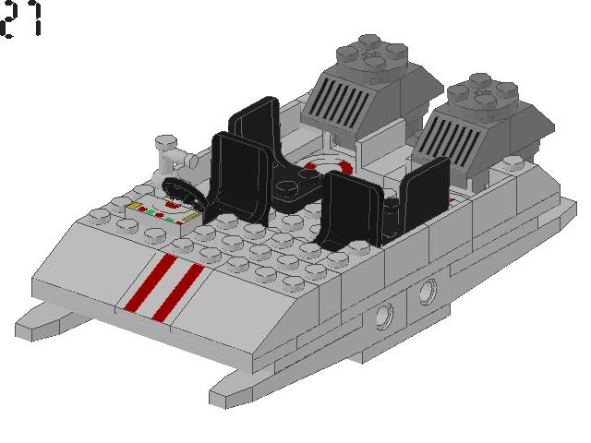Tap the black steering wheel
point(184,193)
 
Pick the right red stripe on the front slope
point(179,291)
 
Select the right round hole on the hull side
point(428,293)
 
